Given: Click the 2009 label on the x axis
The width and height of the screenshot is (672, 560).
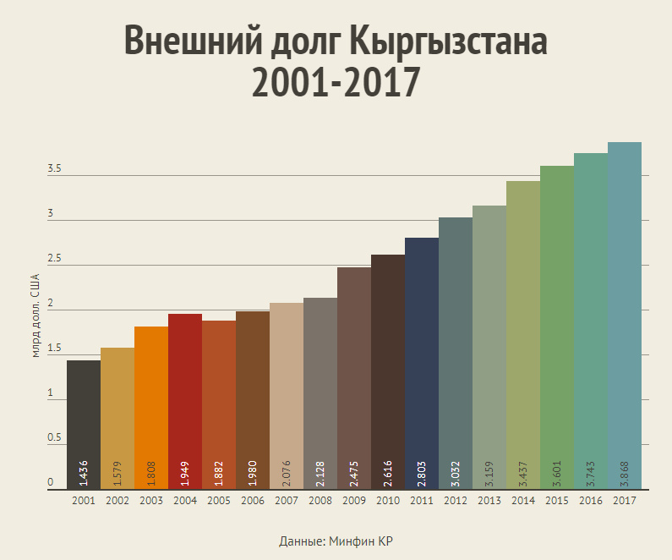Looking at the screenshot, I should click(354, 501).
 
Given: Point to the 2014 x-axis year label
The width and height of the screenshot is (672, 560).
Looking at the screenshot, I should click(523, 501).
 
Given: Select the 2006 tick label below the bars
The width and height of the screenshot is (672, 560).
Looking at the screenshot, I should click(253, 501).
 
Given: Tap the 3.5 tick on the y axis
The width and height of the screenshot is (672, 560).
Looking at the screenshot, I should click(55, 169).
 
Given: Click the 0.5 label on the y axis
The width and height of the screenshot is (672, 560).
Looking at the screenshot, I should click(55, 438).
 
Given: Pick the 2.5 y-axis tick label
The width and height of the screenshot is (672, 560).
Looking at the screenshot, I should click(55, 259).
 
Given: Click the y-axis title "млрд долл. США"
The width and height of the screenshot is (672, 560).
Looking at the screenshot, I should click(36, 315).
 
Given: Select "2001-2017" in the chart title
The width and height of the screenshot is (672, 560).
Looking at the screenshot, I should click(336, 82).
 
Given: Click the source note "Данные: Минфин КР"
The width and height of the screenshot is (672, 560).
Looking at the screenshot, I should click(336, 541).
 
